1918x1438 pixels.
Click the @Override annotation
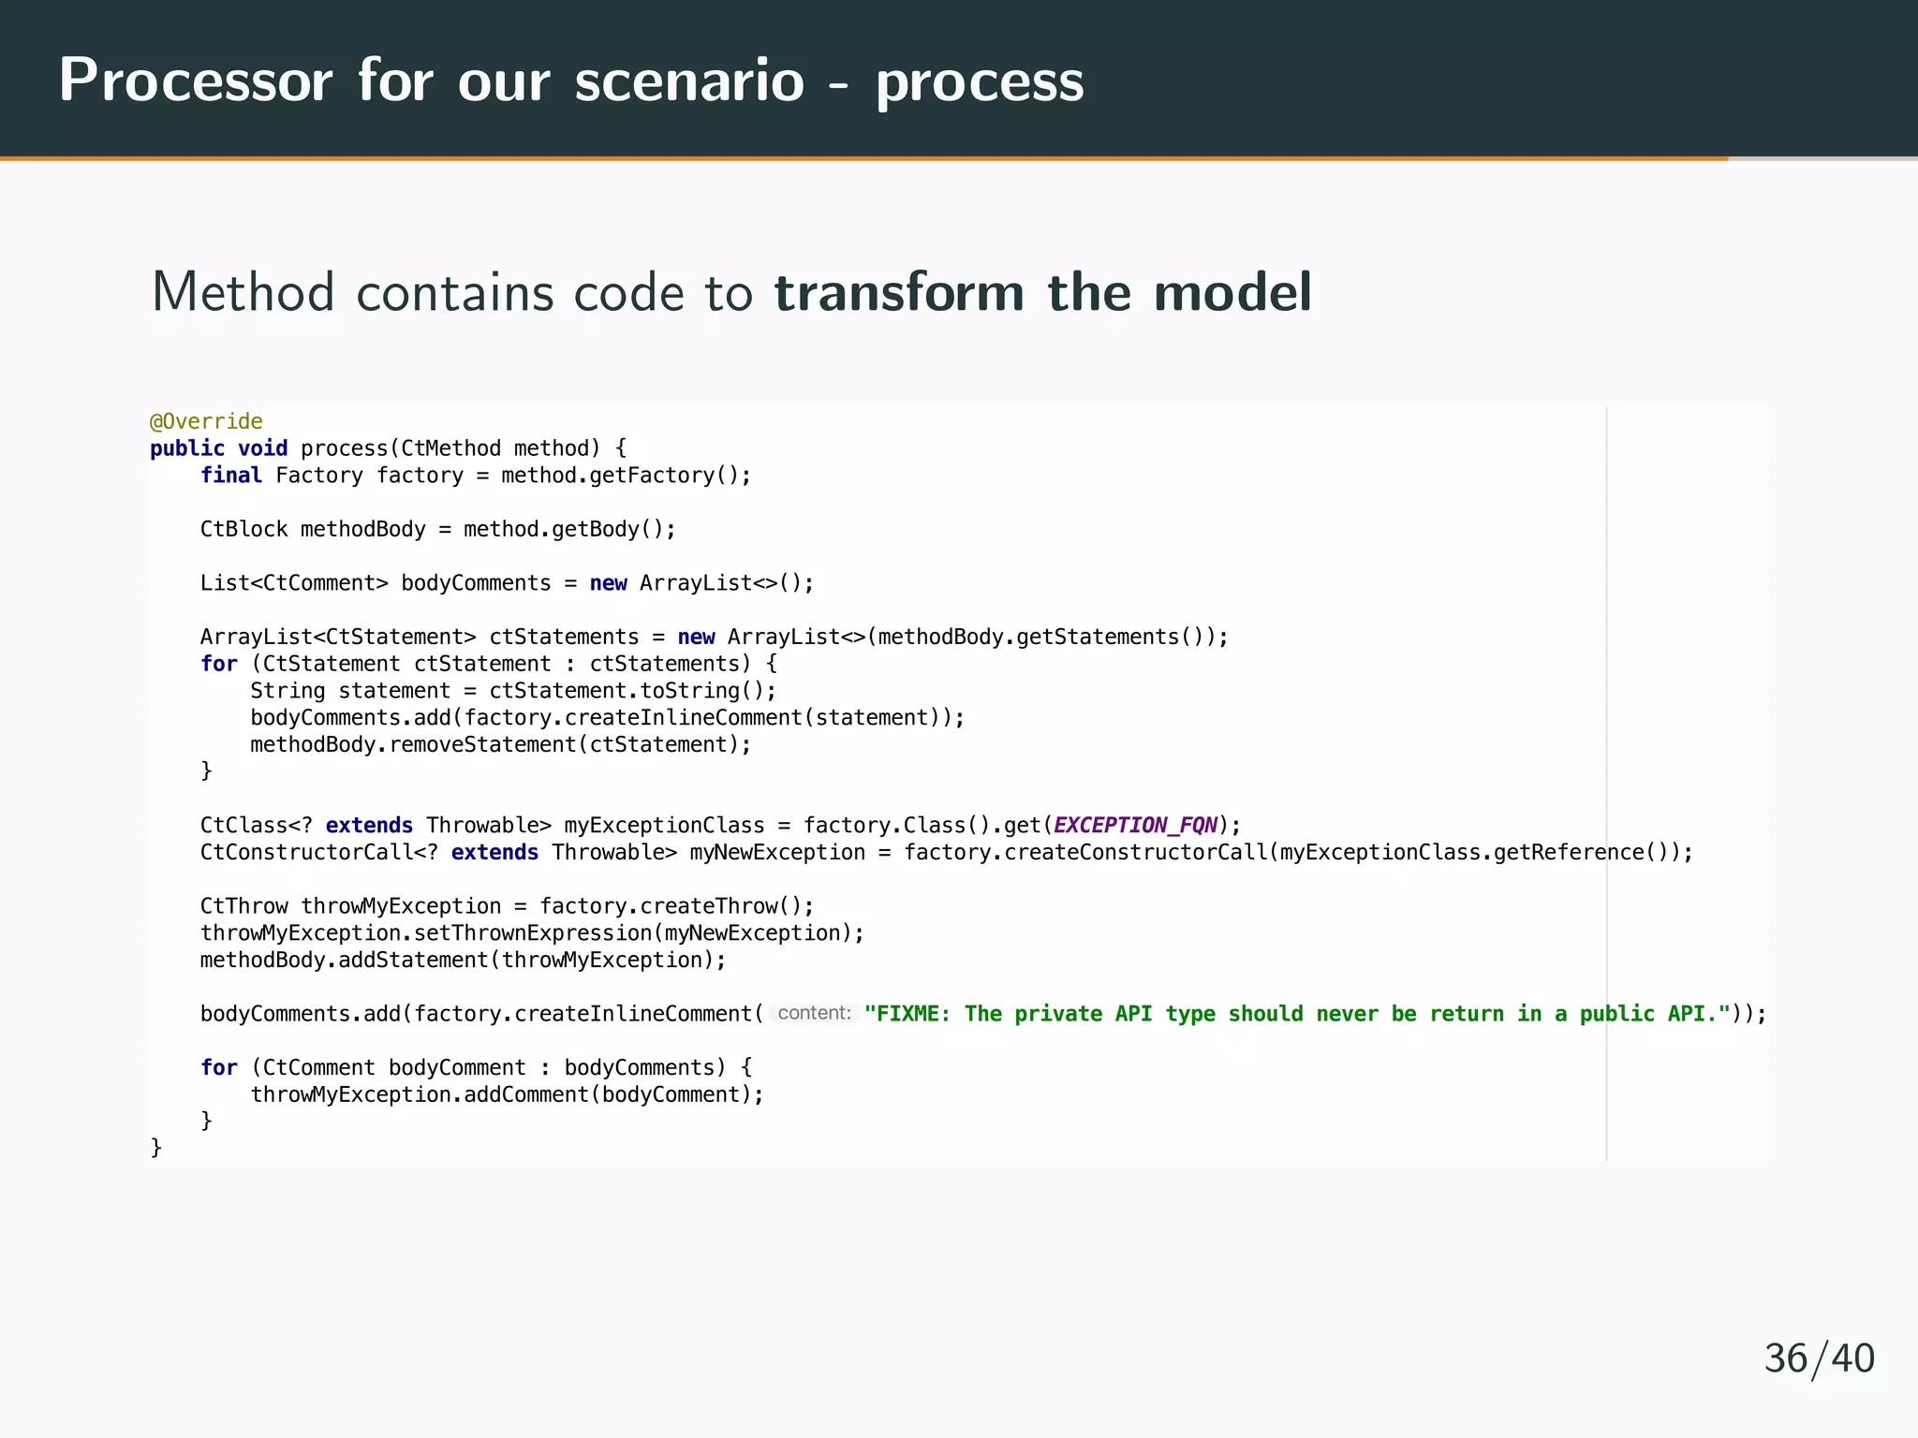[206, 421]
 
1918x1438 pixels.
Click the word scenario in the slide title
[689, 81]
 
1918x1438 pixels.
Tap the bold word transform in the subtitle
[899, 292]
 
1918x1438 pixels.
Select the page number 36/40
[1819, 1358]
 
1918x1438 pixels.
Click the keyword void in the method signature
[262, 448]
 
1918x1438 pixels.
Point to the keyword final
[230, 476]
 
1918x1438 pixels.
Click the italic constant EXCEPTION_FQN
[1135, 825]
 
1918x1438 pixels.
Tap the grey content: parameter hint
[814, 1013]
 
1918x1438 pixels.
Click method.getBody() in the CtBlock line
[568, 529]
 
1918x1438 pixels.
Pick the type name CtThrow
[243, 906]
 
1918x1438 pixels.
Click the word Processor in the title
[196, 81]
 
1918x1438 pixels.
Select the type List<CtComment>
[293, 583]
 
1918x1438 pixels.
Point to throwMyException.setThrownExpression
[426, 933]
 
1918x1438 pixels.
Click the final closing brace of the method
[156, 1147]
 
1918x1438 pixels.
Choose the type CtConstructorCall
[306, 852]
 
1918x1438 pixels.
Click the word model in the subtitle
[1232, 292]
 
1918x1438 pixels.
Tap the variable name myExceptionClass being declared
[664, 825]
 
